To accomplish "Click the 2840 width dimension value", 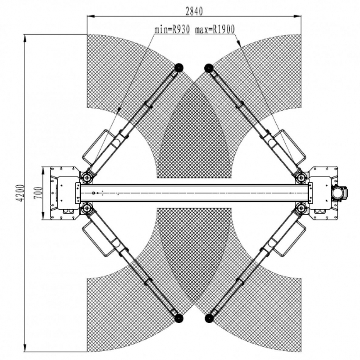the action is (194, 11).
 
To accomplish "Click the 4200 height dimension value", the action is (21, 193).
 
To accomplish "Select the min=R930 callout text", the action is (172, 30).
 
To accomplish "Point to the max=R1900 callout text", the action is (215, 30).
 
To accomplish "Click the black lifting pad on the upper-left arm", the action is (179, 68).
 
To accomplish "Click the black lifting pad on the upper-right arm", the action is (209, 68).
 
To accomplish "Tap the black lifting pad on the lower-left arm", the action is (179, 318).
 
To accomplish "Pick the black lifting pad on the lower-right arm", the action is (209, 318).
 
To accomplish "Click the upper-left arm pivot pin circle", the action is (87, 178).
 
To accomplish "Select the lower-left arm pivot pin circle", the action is (87, 208).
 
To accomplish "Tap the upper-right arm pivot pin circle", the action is (301, 178).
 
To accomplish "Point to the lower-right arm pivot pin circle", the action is (301, 208).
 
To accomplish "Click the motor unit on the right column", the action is (340, 193).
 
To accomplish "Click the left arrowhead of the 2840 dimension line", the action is (91, 16).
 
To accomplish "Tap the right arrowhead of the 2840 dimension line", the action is (297, 16).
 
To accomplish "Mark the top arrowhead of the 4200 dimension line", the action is (25, 38).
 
